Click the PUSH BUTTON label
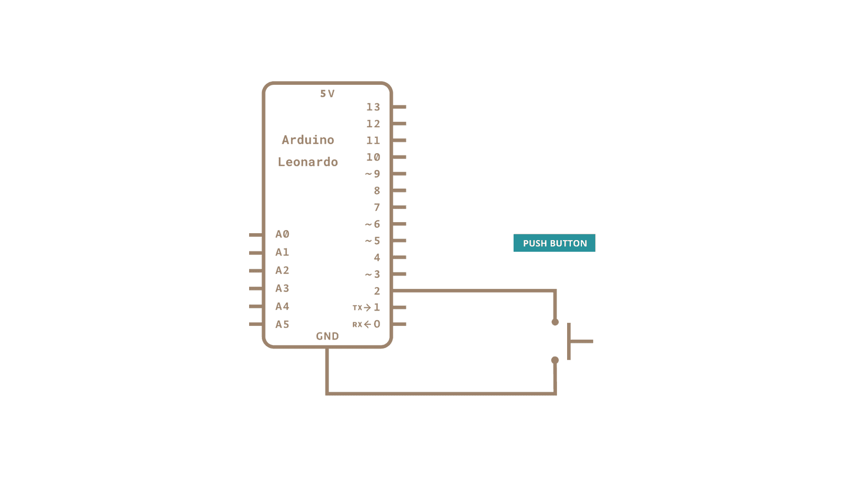554,243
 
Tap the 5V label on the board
327,94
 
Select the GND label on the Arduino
327,336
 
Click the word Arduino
308,140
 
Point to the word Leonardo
308,162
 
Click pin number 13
373,107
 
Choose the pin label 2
377,291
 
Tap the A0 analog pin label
282,234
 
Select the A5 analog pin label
282,324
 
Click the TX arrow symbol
367,307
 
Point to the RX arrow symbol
367,324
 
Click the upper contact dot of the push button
555,322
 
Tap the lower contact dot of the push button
555,360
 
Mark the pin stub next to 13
399,107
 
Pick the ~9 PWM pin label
373,174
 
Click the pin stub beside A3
256,288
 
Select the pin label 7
377,207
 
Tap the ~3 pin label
373,275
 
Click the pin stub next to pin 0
399,324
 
